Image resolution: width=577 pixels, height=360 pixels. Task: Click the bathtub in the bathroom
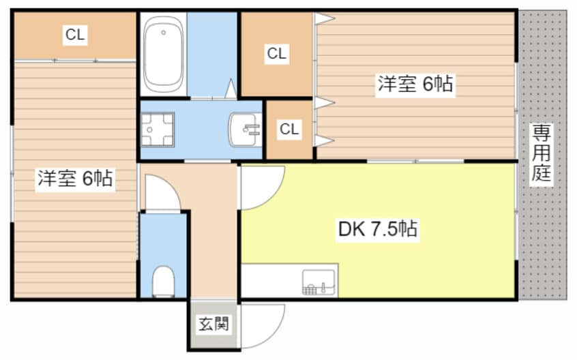163,54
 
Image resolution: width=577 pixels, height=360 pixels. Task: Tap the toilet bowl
163,282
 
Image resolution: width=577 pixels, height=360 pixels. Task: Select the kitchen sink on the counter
319,282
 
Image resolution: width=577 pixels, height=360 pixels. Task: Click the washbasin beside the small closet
245,130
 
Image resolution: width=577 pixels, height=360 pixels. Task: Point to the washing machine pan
158,130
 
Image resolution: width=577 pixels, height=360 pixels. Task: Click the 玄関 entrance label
213,324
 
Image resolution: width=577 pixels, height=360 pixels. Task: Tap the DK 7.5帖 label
378,228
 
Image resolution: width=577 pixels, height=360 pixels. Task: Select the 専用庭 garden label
541,153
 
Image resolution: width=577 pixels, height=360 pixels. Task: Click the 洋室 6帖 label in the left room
75,179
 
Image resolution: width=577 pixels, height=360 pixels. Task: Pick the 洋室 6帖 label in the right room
415,83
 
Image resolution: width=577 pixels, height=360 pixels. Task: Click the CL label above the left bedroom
75,35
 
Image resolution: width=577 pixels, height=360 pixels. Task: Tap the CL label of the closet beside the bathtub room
276,54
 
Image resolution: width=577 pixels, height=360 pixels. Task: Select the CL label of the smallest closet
289,129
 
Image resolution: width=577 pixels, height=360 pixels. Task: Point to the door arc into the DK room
272,195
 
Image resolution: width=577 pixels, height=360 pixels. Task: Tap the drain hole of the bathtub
163,32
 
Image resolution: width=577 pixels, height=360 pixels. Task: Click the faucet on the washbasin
252,129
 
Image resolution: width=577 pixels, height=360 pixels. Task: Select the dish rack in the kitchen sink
309,289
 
